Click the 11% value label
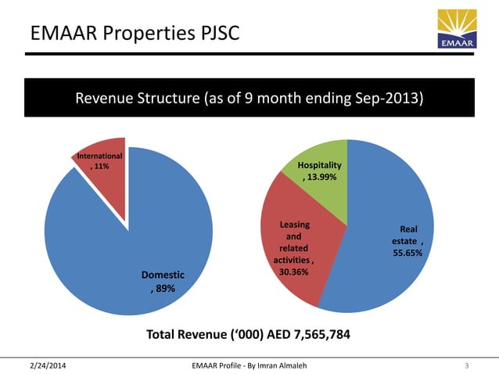tap(101, 167)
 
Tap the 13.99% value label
tap(322, 178)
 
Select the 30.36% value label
tap(293, 272)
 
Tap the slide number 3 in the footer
tap(466, 365)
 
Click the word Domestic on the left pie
tap(163, 275)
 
